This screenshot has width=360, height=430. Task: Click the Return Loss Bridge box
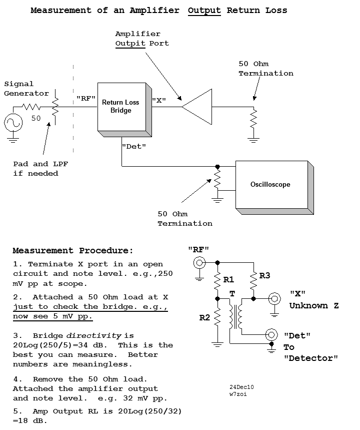(121, 107)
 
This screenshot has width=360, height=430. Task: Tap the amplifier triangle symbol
(196, 107)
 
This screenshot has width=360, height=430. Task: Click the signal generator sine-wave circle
(13, 123)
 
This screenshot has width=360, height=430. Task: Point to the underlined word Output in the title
(204, 11)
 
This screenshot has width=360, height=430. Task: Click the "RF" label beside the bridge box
(86, 98)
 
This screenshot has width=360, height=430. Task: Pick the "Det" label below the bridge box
(134, 147)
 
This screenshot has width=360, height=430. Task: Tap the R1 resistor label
(228, 279)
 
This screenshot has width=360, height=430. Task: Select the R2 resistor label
(204, 317)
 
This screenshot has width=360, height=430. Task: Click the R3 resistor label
(264, 276)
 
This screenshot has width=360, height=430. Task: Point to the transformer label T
(232, 294)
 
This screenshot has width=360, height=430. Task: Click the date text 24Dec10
(241, 387)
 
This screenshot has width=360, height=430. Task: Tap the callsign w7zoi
(238, 394)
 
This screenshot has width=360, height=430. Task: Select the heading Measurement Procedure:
(73, 250)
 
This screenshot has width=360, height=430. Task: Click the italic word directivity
(93, 336)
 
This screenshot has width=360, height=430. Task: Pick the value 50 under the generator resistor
(36, 118)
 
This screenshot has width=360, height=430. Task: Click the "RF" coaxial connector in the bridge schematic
(199, 263)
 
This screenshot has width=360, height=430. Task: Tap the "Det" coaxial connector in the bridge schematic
(271, 334)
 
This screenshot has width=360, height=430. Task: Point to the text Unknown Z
(314, 305)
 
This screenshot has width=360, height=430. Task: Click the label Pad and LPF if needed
(40, 169)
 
